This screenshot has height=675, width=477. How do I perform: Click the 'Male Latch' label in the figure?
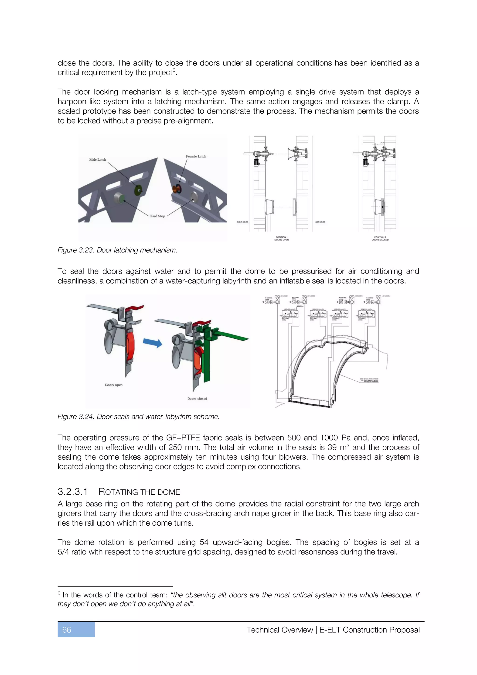pyautogui.click(x=98, y=159)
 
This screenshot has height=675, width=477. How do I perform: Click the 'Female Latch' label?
pyautogui.click(x=196, y=156)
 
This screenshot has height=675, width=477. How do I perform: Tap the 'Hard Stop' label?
pyautogui.click(x=157, y=216)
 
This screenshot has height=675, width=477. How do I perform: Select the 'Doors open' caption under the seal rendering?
pyautogui.click(x=114, y=385)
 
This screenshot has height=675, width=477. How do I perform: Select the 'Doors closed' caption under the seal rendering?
pyautogui.click(x=197, y=399)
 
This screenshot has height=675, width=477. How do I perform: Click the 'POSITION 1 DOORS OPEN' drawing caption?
pyautogui.click(x=281, y=238)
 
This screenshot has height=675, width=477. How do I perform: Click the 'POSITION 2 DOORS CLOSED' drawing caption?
pyautogui.click(x=380, y=238)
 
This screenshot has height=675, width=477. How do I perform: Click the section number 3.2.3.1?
pyautogui.click(x=72, y=492)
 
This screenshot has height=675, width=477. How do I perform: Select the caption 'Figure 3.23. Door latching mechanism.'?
pyautogui.click(x=117, y=250)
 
